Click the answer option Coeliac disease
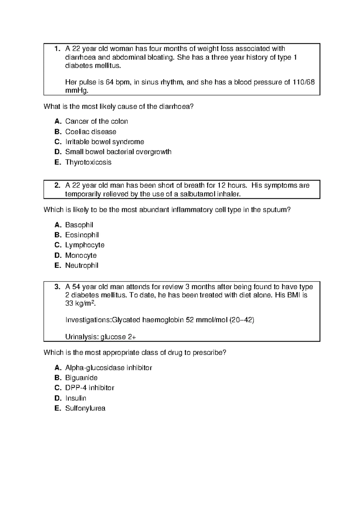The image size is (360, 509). click(91, 132)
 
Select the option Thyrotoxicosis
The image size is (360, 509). click(88, 162)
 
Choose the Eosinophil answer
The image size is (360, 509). click(82, 235)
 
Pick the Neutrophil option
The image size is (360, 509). click(82, 266)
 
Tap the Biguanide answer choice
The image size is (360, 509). click(81, 378)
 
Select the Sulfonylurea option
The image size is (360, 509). click(85, 408)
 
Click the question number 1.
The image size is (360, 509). click(57, 49)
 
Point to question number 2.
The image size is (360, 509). click(57, 185)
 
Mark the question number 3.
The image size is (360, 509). click(57, 287)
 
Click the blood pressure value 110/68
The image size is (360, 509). click(304, 83)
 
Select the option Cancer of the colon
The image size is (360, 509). click(97, 122)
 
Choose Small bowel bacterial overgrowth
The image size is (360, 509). click(118, 152)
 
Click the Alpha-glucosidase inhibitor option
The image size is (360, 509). click(109, 368)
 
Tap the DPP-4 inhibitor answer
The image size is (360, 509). click(90, 388)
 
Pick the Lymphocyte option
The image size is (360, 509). click(85, 245)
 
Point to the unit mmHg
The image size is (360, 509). click(77, 91)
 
